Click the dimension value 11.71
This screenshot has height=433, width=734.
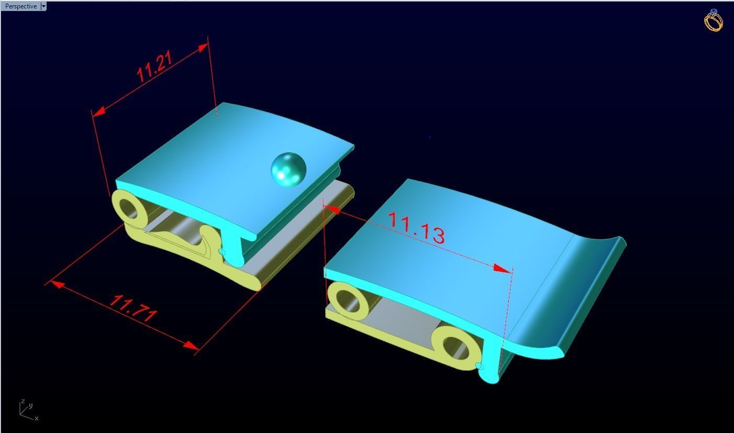coord(134,308)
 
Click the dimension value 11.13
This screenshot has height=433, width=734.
coord(417,228)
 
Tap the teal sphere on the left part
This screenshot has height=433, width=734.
coord(288,169)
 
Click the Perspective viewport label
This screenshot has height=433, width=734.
coord(20,6)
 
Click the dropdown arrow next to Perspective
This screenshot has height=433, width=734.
coord(43,6)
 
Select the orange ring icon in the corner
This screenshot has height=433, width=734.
coord(713,20)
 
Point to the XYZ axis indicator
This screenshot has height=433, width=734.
coord(26,410)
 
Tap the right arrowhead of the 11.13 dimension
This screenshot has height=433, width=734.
coord(503,269)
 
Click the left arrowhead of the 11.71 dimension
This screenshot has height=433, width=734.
coord(55,284)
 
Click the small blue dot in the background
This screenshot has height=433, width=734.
coord(429,137)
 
